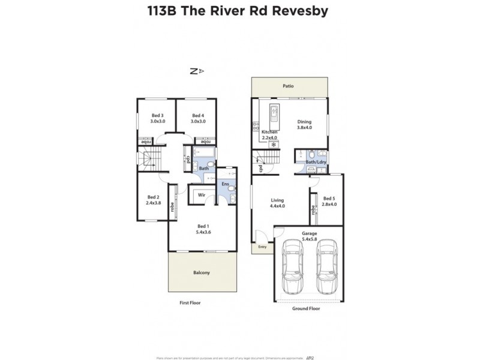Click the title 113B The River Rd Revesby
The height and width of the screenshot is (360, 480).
[x=239, y=11]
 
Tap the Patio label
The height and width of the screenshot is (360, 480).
[x=289, y=86]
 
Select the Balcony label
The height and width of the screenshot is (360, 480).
[x=201, y=273]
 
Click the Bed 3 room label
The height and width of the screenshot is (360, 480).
[x=158, y=115]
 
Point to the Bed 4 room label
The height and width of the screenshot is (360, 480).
[x=198, y=115]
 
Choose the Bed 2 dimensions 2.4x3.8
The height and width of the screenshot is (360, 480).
[x=154, y=203]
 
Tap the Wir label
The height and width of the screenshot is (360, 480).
[x=202, y=194]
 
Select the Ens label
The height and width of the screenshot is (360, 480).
[x=225, y=184]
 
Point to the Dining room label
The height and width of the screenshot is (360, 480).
[x=305, y=121]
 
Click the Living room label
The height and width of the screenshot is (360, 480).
[x=277, y=200]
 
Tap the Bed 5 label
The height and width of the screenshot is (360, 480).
[x=329, y=199]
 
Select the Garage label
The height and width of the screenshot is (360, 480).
[x=309, y=232]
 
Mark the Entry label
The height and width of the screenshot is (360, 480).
[x=262, y=247]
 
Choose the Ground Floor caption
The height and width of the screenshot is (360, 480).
[x=306, y=308]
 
